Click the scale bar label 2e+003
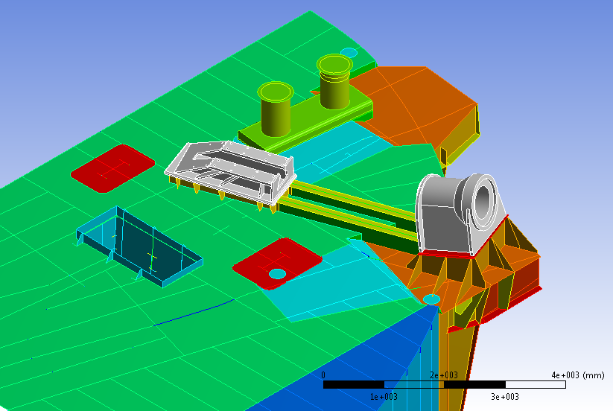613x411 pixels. pyautogui.click(x=444, y=375)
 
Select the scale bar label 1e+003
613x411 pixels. pyautogui.click(x=384, y=397)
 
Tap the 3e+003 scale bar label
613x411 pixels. pyautogui.click(x=505, y=397)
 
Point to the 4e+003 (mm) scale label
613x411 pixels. pyautogui.click(x=578, y=375)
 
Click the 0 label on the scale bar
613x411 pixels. pyautogui.click(x=323, y=375)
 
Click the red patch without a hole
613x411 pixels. pyautogui.click(x=112, y=168)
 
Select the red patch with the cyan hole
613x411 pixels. pyautogui.click(x=277, y=264)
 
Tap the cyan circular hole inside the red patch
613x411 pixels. pyautogui.click(x=277, y=274)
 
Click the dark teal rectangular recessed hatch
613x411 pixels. pyautogui.click(x=139, y=246)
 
